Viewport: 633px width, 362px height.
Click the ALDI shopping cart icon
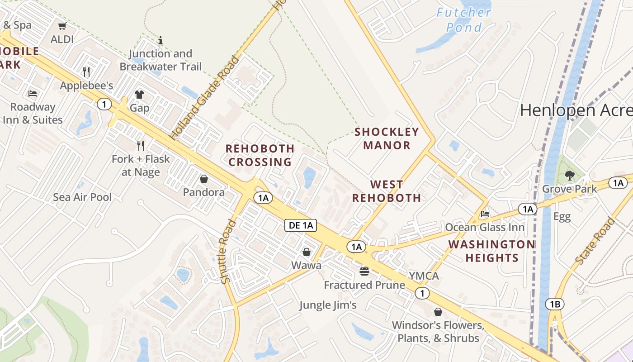click(x=62, y=26)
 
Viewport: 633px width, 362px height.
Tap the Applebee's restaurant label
click(x=86, y=85)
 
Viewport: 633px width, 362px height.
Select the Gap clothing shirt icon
click(x=139, y=95)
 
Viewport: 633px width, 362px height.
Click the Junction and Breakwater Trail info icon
click(x=160, y=41)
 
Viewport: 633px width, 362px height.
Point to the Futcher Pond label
click(x=464, y=20)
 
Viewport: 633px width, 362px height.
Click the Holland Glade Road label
click(x=204, y=98)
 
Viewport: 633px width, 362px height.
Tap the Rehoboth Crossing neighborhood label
click(x=260, y=155)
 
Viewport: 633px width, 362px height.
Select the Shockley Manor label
click(x=387, y=138)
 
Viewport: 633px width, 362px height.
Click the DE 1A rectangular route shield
click(x=300, y=226)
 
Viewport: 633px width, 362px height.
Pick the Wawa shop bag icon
click(x=307, y=252)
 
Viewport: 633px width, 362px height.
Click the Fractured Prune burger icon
click(x=364, y=271)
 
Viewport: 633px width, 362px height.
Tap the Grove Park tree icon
click(x=569, y=176)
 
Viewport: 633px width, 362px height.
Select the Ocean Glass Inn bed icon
click(x=485, y=214)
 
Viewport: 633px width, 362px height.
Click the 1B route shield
click(x=555, y=304)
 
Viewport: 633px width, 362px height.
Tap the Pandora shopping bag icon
click(x=203, y=179)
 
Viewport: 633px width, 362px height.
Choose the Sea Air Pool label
click(x=82, y=197)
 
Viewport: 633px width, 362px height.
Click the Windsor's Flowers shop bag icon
click(x=438, y=312)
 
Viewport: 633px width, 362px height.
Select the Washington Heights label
click(x=492, y=251)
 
